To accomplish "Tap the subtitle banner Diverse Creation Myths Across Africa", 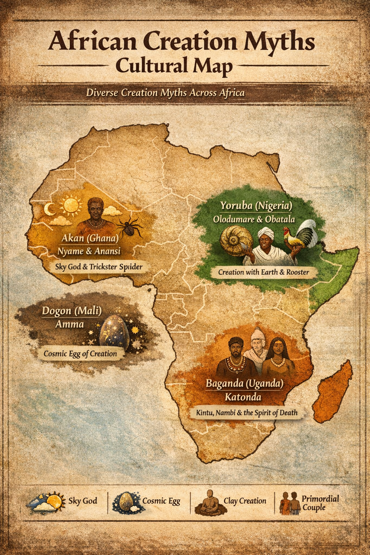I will pyautogui.click(x=165, y=93).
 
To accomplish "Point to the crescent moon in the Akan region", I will pyautogui.click(x=50, y=209).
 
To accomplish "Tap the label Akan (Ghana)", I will pyautogui.click(x=90, y=238).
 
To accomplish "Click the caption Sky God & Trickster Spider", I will pyautogui.click(x=99, y=267).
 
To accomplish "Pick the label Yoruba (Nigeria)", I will pyautogui.click(x=256, y=206).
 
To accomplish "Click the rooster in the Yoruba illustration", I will pyautogui.click(x=301, y=236).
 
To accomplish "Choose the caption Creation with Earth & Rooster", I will pyautogui.click(x=263, y=272).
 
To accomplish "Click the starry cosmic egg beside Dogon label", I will pyautogui.click(x=113, y=331).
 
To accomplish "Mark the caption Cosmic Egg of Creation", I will pyautogui.click(x=80, y=353).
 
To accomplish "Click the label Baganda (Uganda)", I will pyautogui.click(x=244, y=383).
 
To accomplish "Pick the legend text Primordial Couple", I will pyautogui.click(x=320, y=503).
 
